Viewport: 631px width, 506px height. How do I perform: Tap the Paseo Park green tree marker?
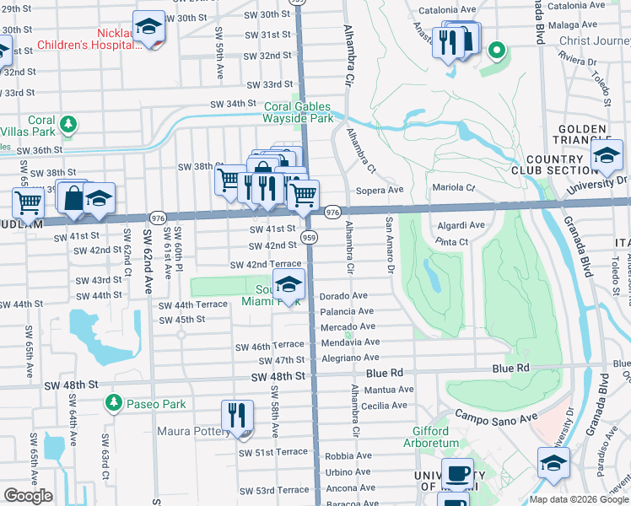click(113, 404)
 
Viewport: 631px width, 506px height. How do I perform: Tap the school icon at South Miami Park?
click(289, 287)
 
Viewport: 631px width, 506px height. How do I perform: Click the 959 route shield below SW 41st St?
click(309, 238)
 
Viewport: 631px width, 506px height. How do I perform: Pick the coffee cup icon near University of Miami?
click(457, 475)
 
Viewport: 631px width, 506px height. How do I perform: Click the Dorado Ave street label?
click(343, 296)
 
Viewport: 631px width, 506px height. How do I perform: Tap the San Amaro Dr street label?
click(390, 245)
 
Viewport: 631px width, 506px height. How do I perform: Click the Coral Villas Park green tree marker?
click(66, 125)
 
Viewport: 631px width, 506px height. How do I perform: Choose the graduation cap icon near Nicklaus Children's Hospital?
click(149, 29)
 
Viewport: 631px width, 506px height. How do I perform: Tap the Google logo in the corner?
click(29, 496)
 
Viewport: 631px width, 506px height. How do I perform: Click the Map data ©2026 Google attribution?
click(579, 499)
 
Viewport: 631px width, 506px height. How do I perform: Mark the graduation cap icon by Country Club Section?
click(607, 155)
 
